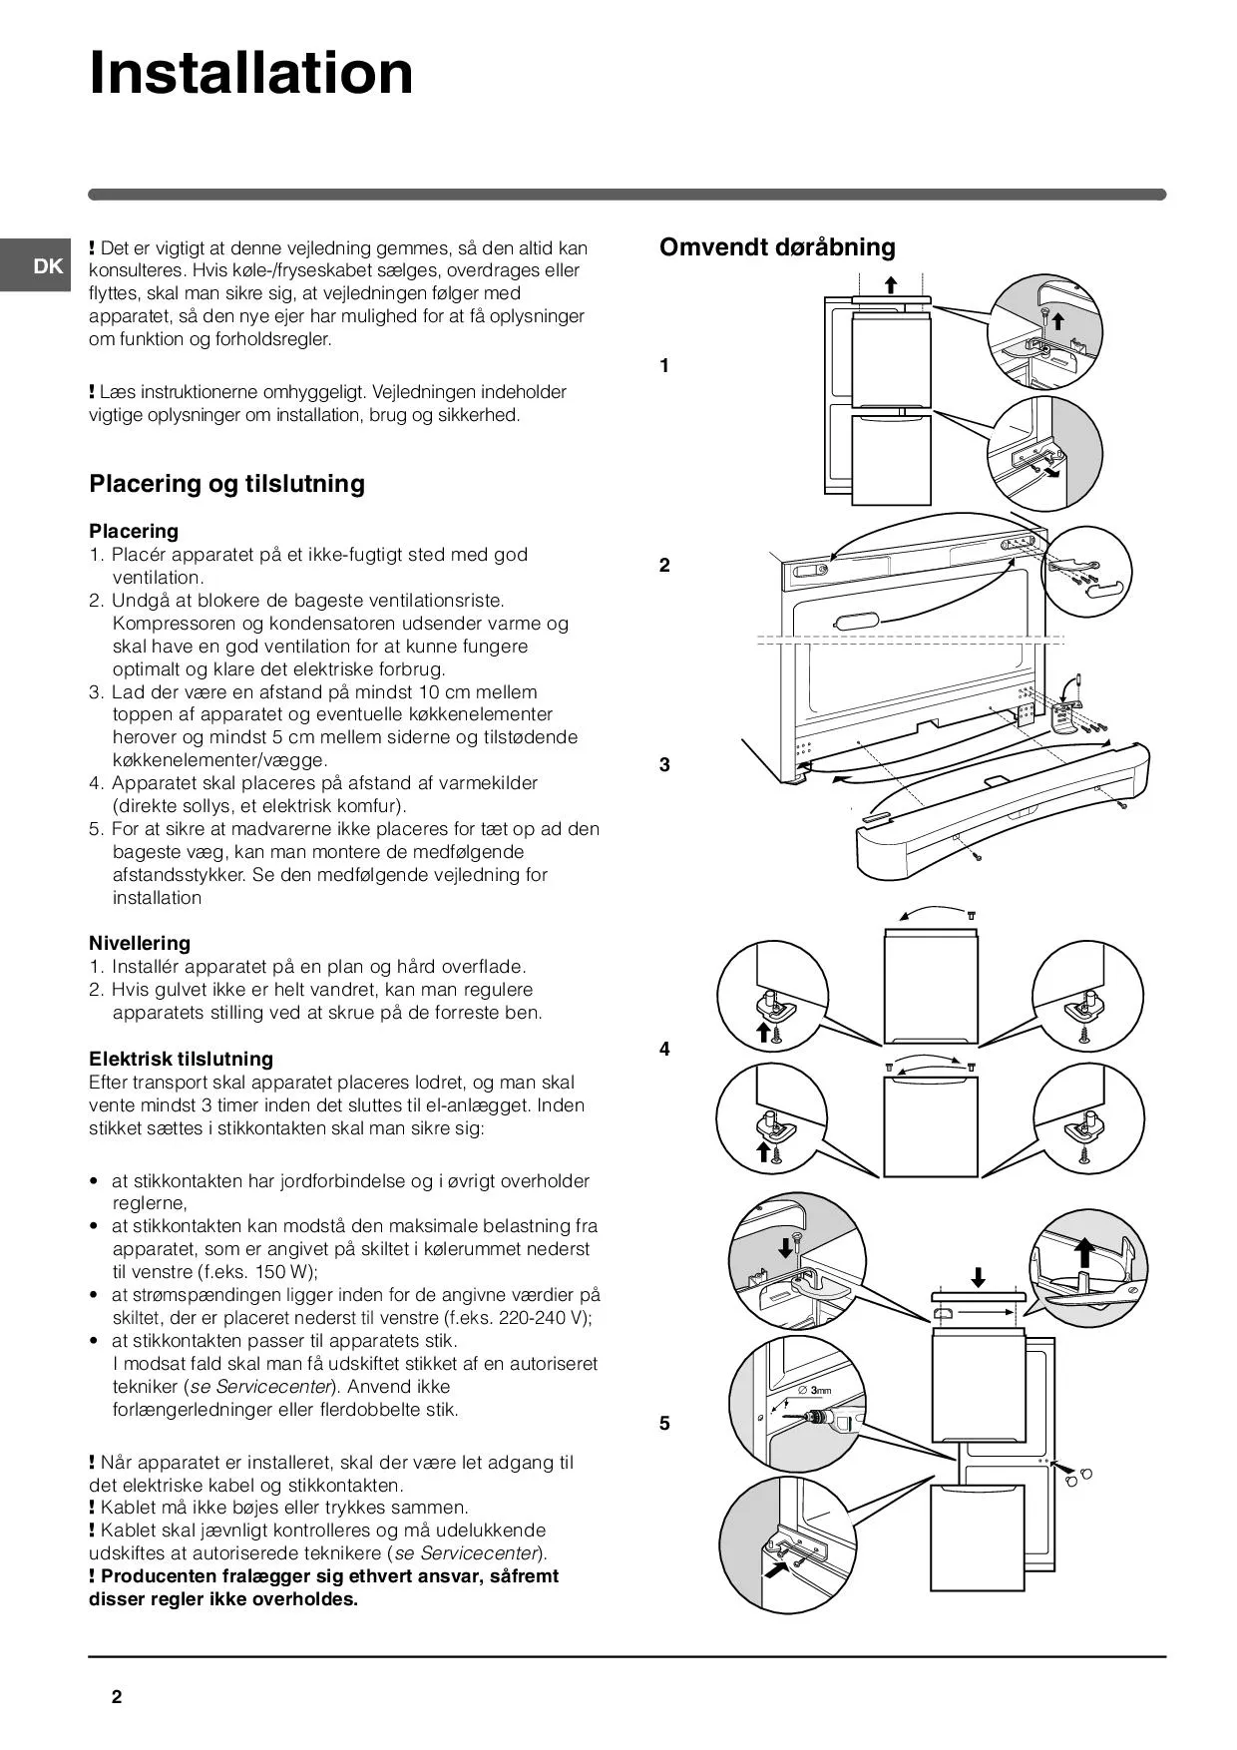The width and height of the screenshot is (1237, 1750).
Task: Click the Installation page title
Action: coord(251,72)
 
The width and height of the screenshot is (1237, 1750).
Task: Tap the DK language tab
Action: coord(47,266)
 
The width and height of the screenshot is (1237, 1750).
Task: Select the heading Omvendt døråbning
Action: coord(777,247)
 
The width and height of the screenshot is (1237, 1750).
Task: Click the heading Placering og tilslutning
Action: coord(227,484)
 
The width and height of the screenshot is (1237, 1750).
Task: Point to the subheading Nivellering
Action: coord(140,943)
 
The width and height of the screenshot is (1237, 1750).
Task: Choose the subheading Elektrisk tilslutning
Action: coord(181,1059)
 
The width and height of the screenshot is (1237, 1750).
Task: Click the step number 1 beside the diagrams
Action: coord(664,366)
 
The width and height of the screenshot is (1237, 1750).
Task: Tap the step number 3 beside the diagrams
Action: coord(664,765)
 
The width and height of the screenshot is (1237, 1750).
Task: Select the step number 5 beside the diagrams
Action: coord(664,1424)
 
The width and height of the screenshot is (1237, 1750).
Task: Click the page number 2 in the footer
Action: coord(117,1697)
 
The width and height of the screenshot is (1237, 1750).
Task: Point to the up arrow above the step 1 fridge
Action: coord(891,284)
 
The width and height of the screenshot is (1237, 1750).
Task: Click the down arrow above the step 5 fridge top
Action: coord(979,1276)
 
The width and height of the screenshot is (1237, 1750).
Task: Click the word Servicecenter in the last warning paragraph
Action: coord(481,1553)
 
